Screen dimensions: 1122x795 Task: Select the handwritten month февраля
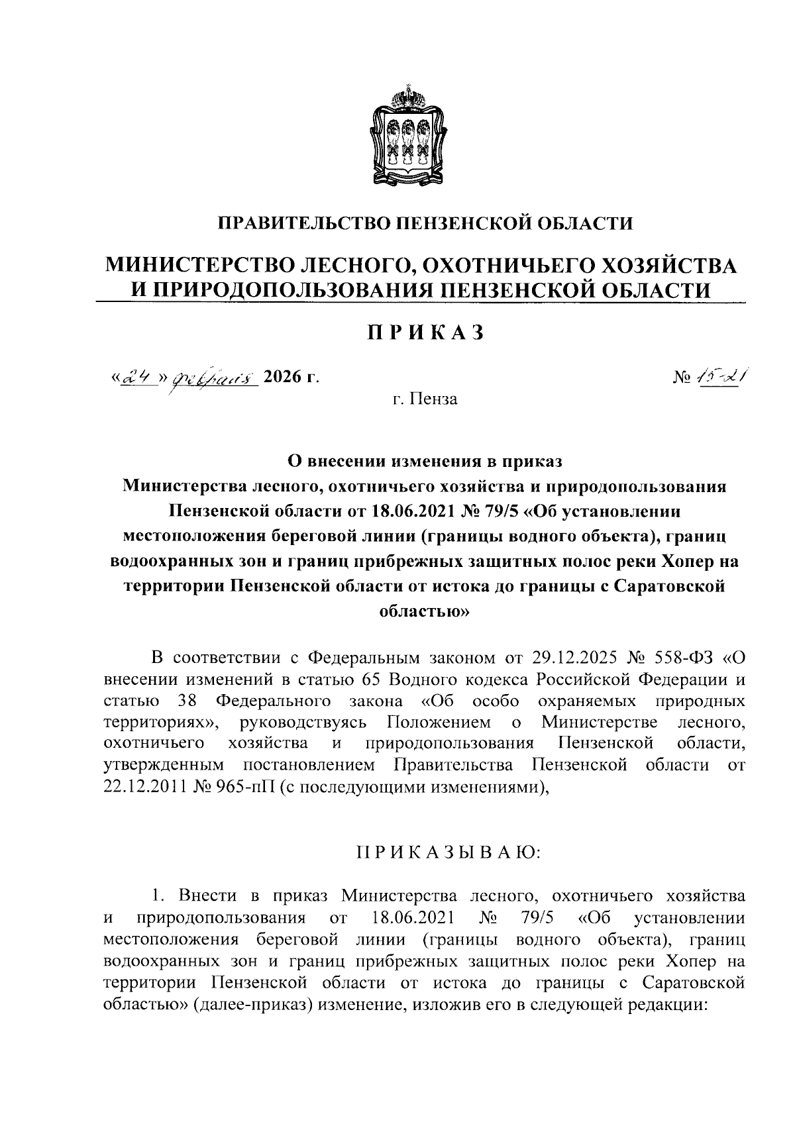[212, 379]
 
